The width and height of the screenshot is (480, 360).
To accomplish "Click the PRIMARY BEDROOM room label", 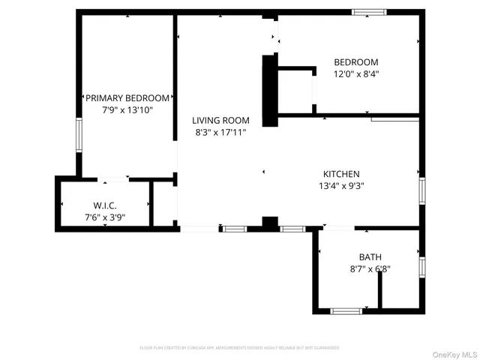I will pyautogui.click(x=127, y=98).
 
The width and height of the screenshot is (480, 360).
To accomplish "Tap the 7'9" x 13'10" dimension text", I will pyautogui.click(x=127, y=110).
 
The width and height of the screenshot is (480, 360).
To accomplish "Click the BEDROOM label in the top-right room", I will pyautogui.click(x=355, y=62).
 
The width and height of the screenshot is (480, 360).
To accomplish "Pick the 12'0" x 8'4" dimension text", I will pyautogui.click(x=355, y=74).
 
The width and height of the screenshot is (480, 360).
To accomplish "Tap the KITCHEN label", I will pyautogui.click(x=341, y=173).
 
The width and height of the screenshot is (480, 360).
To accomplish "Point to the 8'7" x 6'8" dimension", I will pyautogui.click(x=370, y=269).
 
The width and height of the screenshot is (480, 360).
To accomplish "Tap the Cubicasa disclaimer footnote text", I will pyautogui.click(x=240, y=348).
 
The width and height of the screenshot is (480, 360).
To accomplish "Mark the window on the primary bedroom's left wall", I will pyautogui.click(x=78, y=136).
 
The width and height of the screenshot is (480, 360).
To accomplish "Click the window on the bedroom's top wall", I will pyautogui.click(x=370, y=12).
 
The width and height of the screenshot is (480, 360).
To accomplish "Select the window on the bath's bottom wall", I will pyautogui.click(x=346, y=310).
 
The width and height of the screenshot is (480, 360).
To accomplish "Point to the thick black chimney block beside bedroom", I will pyautogui.click(x=267, y=92).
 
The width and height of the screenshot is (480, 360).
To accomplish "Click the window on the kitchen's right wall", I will pyautogui.click(x=421, y=191).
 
